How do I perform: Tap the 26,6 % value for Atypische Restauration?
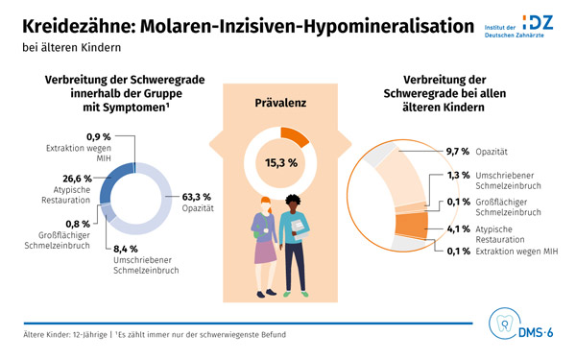coord(76,178)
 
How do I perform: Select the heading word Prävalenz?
coord(280,100)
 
